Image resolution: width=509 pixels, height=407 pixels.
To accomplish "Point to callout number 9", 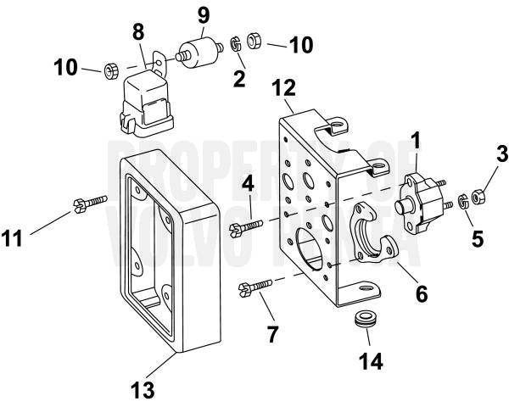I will pos(203,15).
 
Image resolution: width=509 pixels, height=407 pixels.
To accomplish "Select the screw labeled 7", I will pos(255,288).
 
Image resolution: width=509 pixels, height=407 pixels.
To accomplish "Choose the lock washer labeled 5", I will pos(463,203).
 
